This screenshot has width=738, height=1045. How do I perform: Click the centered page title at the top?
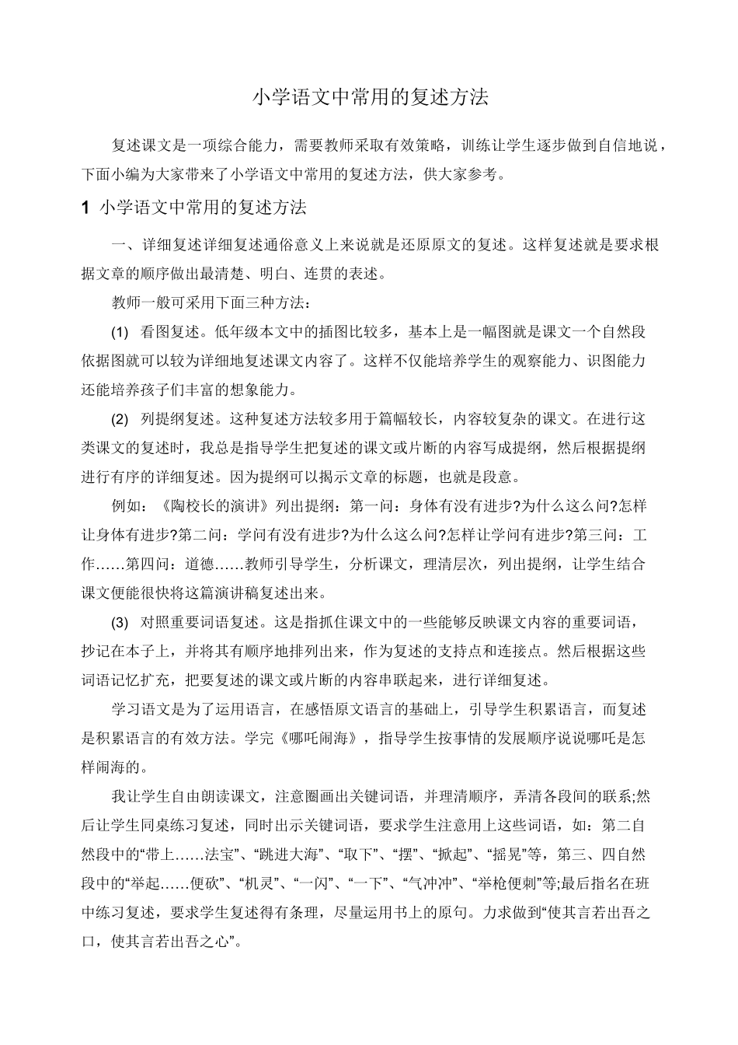pyautogui.click(x=370, y=98)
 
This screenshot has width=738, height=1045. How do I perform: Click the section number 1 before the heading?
pyautogui.click(x=86, y=208)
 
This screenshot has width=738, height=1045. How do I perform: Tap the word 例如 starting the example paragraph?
pyautogui.click(x=127, y=507)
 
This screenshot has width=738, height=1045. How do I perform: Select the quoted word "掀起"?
pyautogui.click(x=448, y=855)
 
